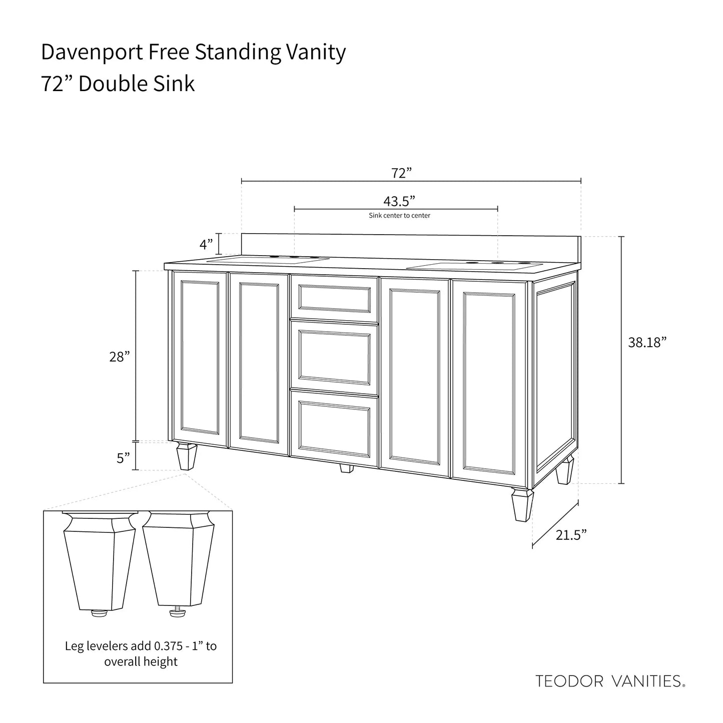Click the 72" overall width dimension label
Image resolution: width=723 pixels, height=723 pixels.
tap(401, 173)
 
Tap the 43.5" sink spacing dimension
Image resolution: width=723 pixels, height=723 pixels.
tap(399, 202)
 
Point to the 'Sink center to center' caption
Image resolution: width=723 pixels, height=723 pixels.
tap(399, 215)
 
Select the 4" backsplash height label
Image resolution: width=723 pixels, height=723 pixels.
tap(206, 245)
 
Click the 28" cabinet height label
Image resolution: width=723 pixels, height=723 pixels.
tap(119, 357)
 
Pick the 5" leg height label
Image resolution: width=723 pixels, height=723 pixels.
tap(123, 458)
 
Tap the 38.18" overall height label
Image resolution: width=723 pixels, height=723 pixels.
tap(647, 342)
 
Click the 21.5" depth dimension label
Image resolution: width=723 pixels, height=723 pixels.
tap(571, 535)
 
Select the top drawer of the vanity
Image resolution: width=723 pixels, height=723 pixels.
tap(334, 298)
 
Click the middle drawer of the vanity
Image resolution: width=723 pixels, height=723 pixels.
tap(334, 357)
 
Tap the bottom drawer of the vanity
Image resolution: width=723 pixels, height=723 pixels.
tap(334, 428)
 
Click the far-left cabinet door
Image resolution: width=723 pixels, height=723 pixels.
tap(200, 359)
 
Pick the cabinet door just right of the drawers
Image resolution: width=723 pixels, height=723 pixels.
tap(415, 377)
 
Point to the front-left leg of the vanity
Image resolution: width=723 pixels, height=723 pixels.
tap(187, 456)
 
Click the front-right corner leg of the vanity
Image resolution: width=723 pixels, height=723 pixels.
tap(522, 505)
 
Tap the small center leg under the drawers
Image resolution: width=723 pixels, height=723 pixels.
tap(346, 468)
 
